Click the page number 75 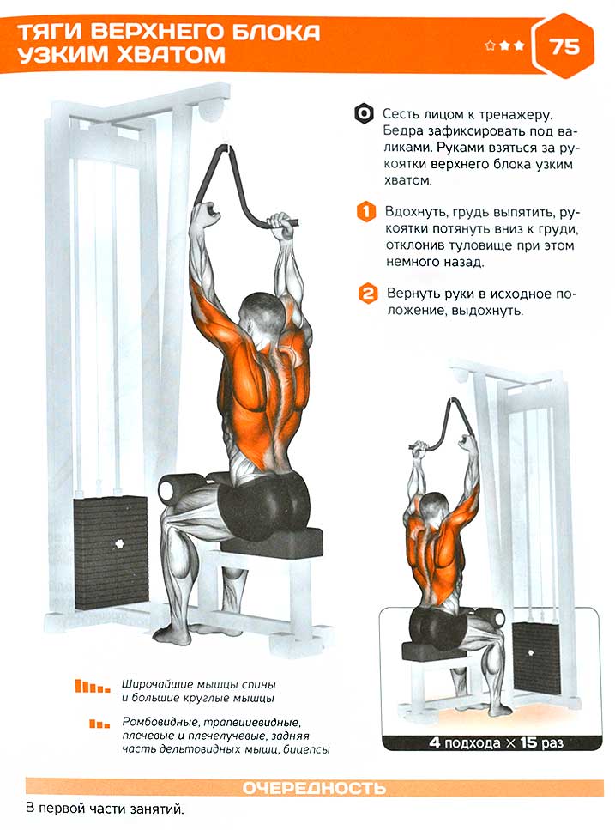[565, 46]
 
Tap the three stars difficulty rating [504, 46]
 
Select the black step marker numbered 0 [364, 114]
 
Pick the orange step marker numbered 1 [366, 212]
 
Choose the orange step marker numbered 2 [367, 294]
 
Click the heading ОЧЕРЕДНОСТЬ [314, 788]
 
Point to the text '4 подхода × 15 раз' [496, 742]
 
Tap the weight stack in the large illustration [111, 552]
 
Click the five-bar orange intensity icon [92, 687]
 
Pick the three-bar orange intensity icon [99, 723]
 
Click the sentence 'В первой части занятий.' [105, 809]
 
